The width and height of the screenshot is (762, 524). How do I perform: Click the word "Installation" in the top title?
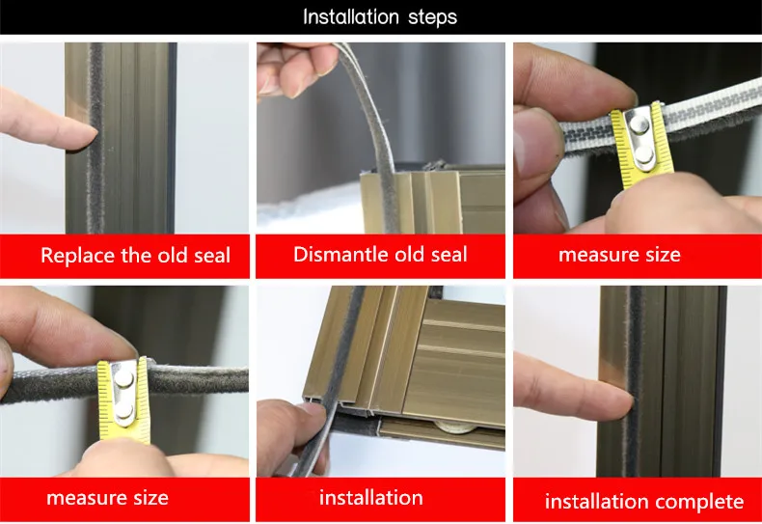tap(351, 17)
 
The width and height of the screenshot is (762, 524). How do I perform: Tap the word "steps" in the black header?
tap(432, 18)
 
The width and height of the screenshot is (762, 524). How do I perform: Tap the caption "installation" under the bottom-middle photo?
tap(370, 498)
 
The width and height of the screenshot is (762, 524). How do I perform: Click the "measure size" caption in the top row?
tap(619, 255)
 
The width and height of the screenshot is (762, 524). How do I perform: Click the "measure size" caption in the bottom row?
tap(107, 498)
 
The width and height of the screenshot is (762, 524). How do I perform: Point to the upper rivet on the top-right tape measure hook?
tap(639, 125)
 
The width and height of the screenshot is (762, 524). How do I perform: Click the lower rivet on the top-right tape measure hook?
tap(644, 155)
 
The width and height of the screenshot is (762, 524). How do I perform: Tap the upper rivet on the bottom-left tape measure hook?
tap(123, 378)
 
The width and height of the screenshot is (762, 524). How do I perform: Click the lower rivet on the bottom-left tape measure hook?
tap(123, 411)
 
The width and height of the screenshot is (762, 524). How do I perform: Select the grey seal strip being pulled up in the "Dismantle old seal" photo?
tap(369, 122)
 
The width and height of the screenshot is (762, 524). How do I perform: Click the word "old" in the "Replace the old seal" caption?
tap(173, 256)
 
